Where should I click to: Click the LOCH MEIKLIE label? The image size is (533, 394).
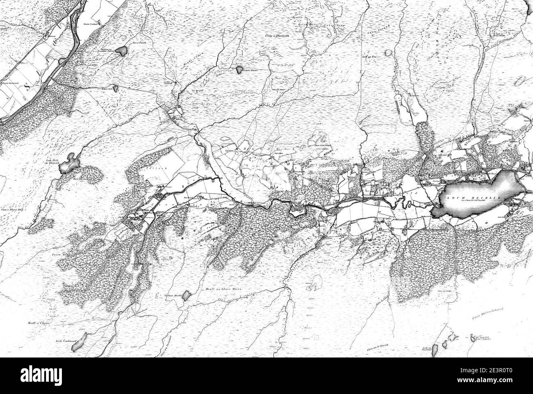(480, 196)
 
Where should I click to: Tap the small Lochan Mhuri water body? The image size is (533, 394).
(238, 70)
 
